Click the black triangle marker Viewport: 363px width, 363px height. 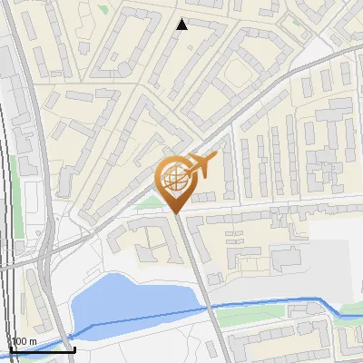tap(181, 25)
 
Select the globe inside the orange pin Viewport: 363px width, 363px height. tap(176, 179)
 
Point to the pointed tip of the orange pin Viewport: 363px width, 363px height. tap(176, 213)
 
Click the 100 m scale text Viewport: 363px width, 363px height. tap(24, 341)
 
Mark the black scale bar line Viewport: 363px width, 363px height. tap(42, 349)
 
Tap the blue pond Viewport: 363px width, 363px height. tap(136, 299)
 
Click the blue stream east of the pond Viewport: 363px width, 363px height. tap(272, 301)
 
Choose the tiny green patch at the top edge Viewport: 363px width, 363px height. tap(103, 9)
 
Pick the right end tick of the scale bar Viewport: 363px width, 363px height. tap(74, 348)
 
